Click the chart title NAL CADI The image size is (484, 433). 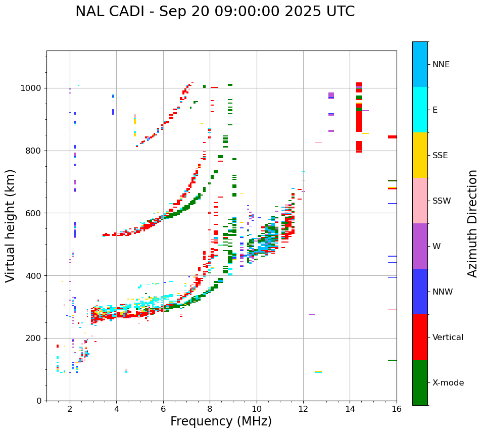point(215,12)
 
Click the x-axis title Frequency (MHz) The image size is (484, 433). point(221,421)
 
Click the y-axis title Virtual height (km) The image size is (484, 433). point(11,226)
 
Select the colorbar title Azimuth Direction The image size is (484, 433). point(472,223)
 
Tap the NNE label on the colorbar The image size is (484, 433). point(441,65)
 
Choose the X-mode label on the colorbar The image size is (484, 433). point(448,383)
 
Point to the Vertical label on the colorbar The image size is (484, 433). point(448,338)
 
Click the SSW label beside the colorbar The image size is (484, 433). point(442,201)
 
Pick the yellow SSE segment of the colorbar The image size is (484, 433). point(420,155)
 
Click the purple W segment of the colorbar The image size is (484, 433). point(420,246)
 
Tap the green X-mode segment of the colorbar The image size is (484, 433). point(420,382)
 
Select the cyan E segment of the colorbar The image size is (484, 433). point(420,110)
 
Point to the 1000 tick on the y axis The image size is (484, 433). point(33,88)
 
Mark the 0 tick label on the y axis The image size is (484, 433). point(39,401)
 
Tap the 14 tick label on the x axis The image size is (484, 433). point(350,409)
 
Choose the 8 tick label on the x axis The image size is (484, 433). point(210,409)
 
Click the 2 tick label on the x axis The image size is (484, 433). point(70,409)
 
